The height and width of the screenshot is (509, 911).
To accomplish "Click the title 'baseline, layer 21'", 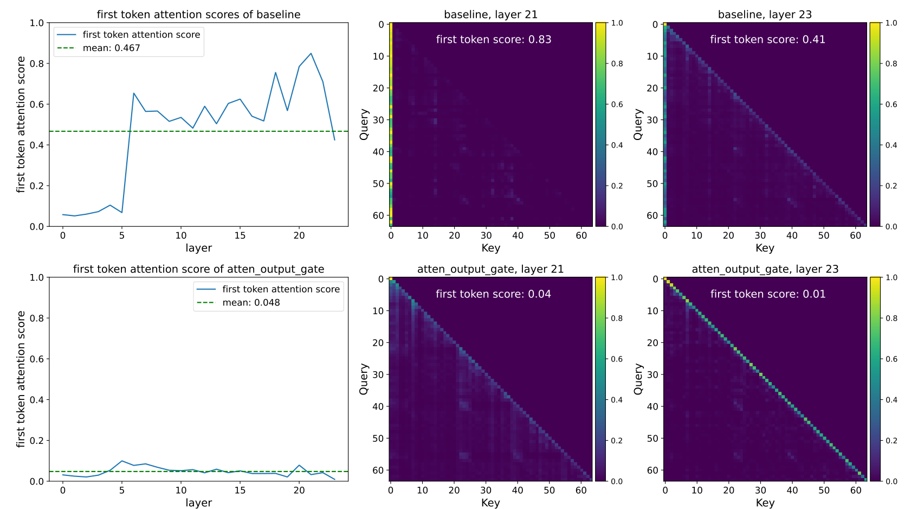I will (x=490, y=15).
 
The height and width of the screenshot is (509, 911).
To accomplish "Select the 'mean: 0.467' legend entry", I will (x=111, y=48).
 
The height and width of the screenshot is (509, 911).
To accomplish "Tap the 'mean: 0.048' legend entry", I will (x=251, y=303).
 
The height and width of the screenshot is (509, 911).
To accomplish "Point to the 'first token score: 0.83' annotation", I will (x=493, y=39).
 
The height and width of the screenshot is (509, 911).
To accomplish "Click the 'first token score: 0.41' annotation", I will (x=767, y=39).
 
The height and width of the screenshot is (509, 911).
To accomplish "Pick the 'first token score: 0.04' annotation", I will (x=493, y=294).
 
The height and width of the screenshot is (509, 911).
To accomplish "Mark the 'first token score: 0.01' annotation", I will (x=767, y=294).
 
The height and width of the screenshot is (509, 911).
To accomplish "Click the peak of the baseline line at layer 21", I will (x=311, y=53).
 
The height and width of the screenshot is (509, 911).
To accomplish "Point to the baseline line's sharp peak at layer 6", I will (x=134, y=93).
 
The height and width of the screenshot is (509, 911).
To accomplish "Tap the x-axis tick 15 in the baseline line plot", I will (x=240, y=236).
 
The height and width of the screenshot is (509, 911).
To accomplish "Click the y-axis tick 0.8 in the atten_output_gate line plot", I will (x=37, y=319).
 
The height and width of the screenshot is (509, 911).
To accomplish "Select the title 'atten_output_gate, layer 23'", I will (x=765, y=269).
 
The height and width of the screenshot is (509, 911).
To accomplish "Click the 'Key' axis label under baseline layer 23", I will (x=765, y=248).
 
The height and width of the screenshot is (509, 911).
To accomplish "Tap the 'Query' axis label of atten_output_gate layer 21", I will (x=364, y=379).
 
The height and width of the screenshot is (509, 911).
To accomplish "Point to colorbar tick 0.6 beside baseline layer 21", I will (x=617, y=104).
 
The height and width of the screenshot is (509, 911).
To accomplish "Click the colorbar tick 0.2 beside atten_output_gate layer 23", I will (x=891, y=441).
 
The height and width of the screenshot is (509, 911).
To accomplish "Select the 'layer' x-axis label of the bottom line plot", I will (x=198, y=503).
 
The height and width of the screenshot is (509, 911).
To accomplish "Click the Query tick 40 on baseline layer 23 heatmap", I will (x=651, y=152).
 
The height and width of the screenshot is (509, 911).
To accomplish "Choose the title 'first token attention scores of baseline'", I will (x=198, y=15).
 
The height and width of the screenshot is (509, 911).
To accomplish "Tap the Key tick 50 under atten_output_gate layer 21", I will (x=550, y=491).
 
